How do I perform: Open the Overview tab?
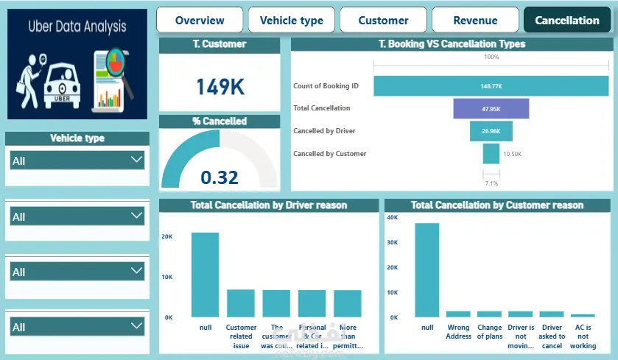200,21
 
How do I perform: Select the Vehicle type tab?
292,21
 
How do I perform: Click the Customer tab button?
383,21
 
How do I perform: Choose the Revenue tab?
475,21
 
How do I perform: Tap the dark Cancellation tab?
567,21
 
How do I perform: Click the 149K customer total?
220,87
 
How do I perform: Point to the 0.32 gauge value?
220,177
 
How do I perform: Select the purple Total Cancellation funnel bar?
491,108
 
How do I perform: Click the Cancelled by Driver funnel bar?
491,131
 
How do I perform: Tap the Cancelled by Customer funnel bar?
491,154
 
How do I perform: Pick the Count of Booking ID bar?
491,86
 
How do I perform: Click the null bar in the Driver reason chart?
206,275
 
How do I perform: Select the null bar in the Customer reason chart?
426,269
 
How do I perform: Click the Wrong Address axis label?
458,332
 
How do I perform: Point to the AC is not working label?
583,336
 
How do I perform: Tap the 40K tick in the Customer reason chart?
393,217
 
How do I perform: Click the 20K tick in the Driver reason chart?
167,237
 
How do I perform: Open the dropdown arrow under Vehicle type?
136,159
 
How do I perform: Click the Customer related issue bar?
241,303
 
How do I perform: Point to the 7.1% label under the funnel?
491,183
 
